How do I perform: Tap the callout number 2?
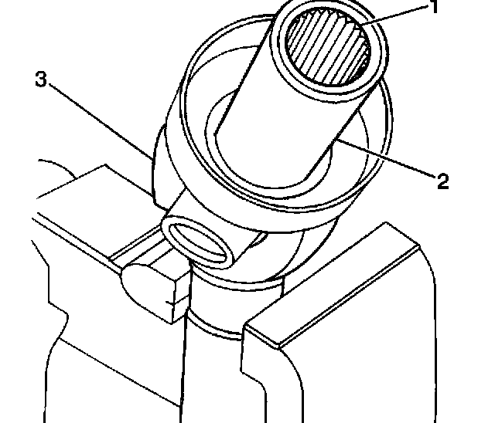tap(442, 181)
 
